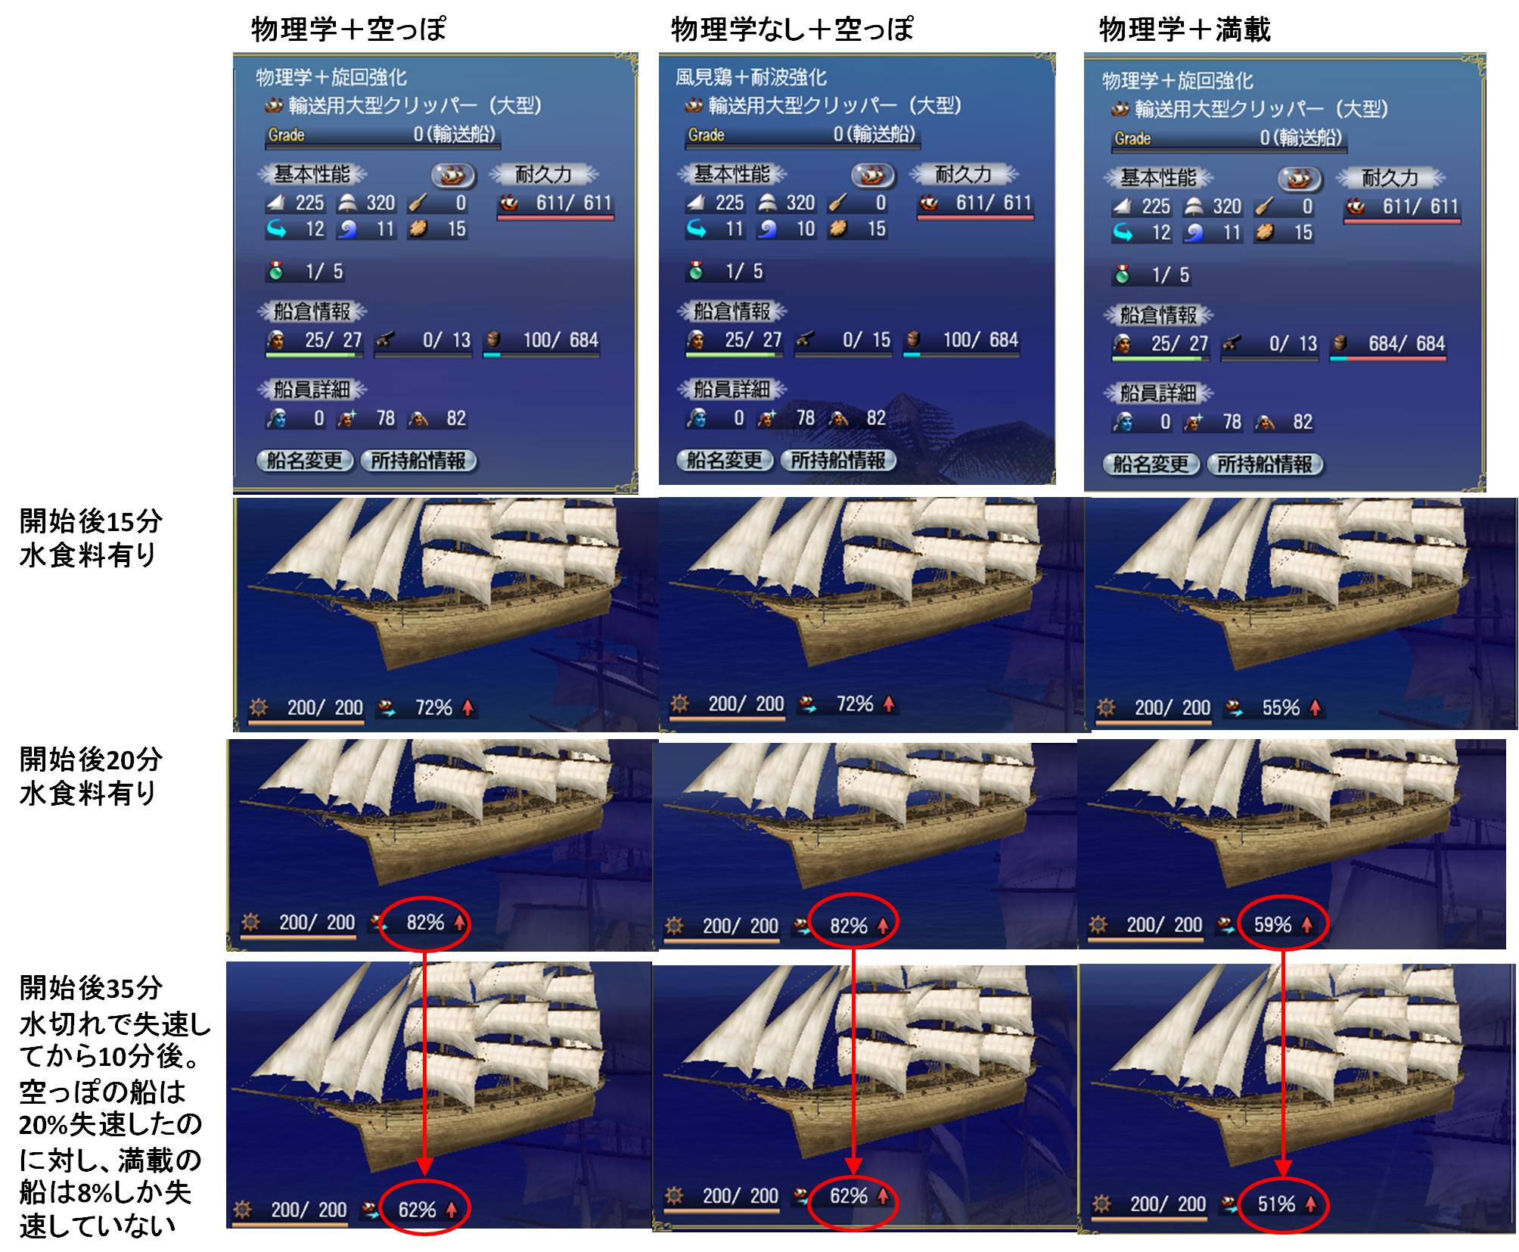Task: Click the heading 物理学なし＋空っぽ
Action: click(x=792, y=30)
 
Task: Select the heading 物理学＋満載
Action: click(x=1185, y=30)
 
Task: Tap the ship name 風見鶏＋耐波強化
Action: click(x=751, y=77)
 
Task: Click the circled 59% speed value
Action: click(x=1272, y=924)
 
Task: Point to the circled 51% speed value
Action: click(x=1276, y=1204)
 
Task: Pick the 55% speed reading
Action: click(x=1281, y=707)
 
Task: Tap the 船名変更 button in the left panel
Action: click(x=305, y=461)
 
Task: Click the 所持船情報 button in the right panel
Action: click(x=1265, y=464)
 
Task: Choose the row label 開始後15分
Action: click(x=91, y=521)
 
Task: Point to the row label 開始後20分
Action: click(x=91, y=760)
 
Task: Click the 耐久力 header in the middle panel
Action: click(x=963, y=175)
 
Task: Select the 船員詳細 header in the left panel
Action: click(x=312, y=390)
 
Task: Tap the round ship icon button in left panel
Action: click(x=453, y=176)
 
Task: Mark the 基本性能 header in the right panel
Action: click(x=1158, y=179)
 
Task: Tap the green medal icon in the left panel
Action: click(x=276, y=271)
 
